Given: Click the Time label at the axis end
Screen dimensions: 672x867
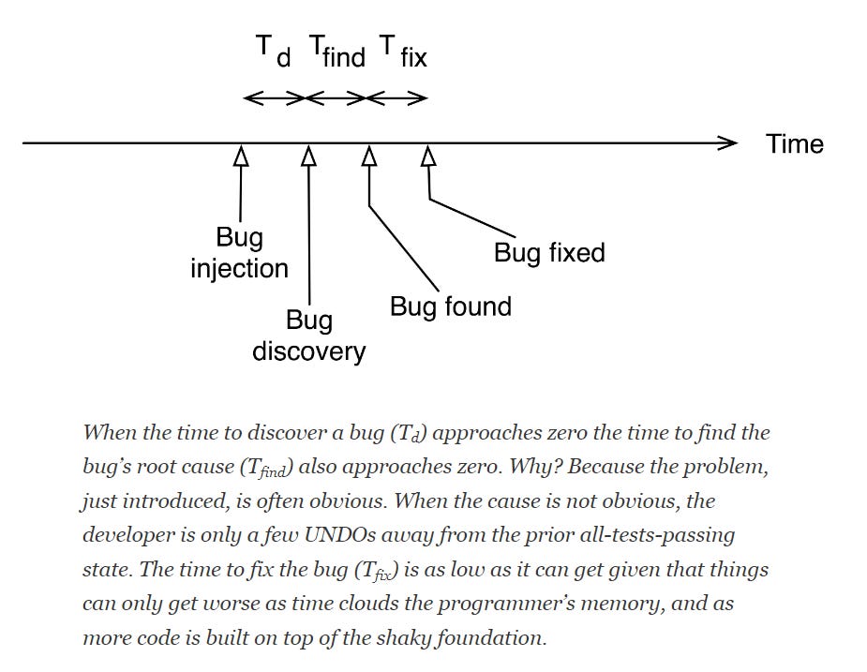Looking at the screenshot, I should click(x=794, y=144).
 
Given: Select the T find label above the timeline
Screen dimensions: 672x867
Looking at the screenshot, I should click(x=336, y=52).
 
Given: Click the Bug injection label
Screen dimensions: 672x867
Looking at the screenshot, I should click(x=239, y=254).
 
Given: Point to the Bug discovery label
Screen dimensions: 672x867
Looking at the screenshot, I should click(x=308, y=336).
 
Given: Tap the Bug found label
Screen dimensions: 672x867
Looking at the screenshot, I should click(x=450, y=306).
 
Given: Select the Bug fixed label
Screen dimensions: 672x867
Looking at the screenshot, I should click(x=549, y=252).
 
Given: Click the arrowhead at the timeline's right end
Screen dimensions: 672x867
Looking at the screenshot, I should click(x=727, y=143).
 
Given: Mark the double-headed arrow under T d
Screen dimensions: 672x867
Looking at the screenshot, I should click(x=274, y=97).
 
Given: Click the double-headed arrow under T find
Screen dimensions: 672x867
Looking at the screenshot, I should click(x=337, y=97).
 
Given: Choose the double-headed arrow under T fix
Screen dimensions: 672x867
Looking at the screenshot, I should click(x=398, y=97).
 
